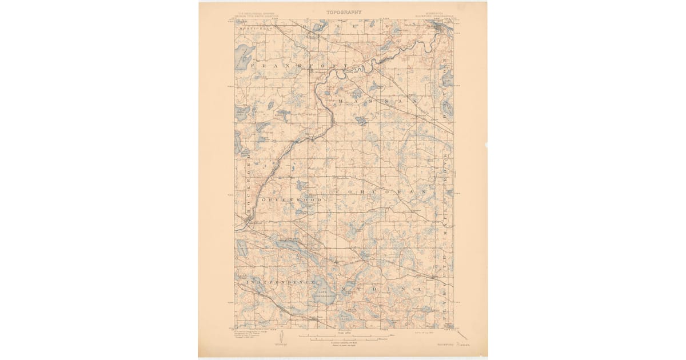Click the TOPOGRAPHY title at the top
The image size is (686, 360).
344,12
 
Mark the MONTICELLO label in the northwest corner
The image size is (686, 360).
252,27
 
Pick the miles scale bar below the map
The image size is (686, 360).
343,335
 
